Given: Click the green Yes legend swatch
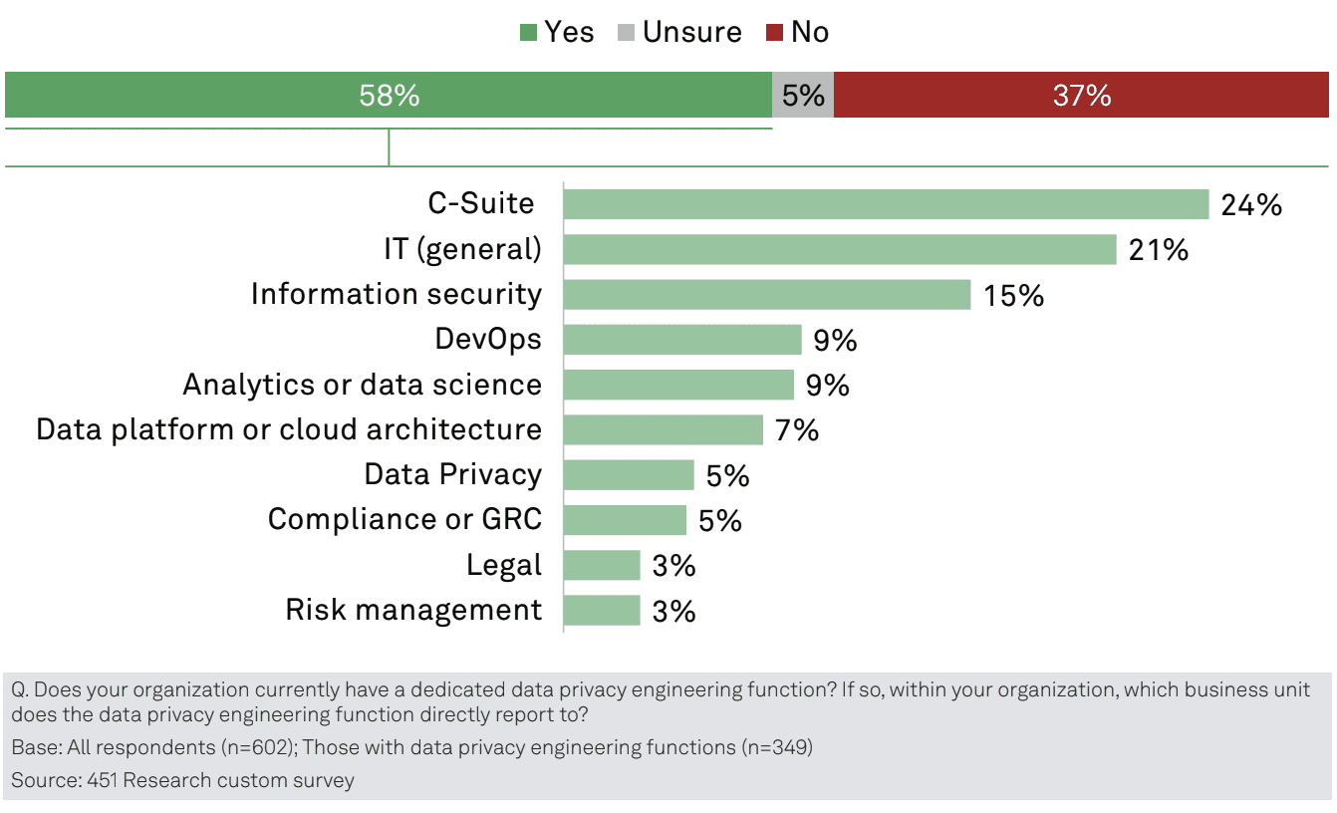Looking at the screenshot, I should click(529, 33).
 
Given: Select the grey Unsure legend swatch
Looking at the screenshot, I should click(626, 33).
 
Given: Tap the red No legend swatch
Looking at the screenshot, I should click(774, 33).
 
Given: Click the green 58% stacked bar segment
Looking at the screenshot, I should click(389, 96).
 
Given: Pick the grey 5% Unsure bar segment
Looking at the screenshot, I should click(803, 96).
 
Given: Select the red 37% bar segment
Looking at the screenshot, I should click(1081, 96).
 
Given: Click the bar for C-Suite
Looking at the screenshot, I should click(886, 204).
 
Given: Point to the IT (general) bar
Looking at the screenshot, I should click(839, 249).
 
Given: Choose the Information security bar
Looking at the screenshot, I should click(766, 295).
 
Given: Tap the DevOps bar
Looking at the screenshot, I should click(681, 340).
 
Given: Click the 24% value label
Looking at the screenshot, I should click(1251, 205).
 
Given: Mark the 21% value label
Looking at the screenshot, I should click(1159, 250).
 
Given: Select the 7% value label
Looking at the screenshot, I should click(797, 430).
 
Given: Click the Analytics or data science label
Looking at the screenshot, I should click(363, 385).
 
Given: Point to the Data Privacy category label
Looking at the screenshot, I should click(453, 474).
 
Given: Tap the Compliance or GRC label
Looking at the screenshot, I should click(404, 519).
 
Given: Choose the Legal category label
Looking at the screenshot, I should click(504, 565).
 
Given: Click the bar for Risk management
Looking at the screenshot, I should click(602, 610).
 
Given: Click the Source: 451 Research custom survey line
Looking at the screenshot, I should click(182, 780).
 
